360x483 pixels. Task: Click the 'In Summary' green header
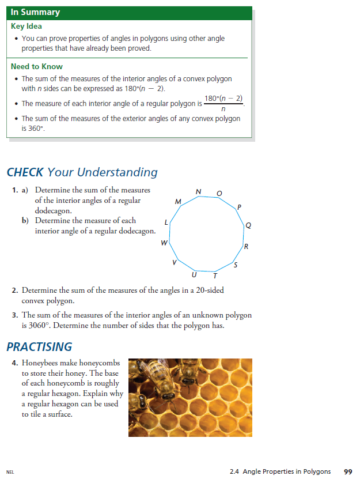point(35,12)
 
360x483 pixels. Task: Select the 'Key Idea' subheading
point(26,26)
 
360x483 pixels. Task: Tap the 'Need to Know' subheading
point(37,66)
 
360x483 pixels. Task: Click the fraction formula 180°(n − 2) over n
point(223,104)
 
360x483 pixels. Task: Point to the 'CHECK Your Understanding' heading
point(82,172)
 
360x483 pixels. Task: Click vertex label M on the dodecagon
point(178,201)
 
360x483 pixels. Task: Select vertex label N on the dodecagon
point(199,191)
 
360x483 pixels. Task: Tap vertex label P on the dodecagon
point(239,207)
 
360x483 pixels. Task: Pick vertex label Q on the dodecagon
point(248,225)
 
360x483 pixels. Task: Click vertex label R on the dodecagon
point(247,247)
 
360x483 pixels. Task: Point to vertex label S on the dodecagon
point(235,265)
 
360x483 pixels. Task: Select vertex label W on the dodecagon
point(164,243)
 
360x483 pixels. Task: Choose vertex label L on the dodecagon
point(166,222)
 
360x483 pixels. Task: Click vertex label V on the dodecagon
point(175,262)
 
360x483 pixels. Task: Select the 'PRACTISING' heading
point(39,346)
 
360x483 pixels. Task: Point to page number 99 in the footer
point(348,471)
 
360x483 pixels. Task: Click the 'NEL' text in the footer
point(10,472)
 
